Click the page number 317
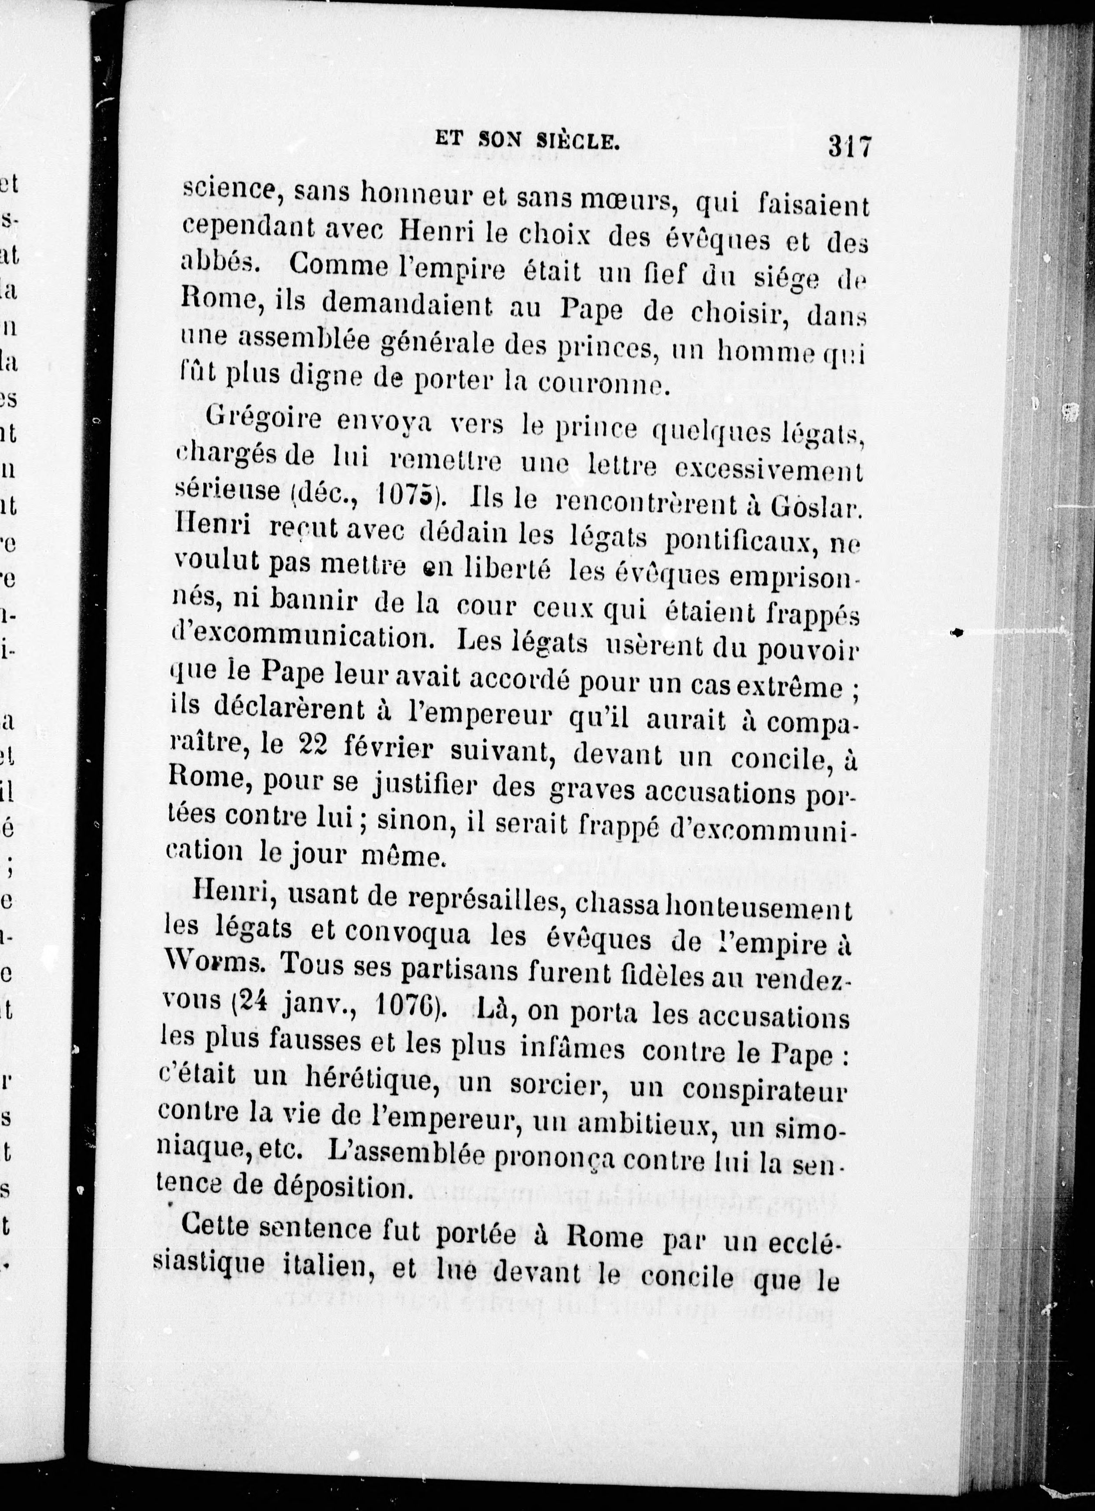[849, 145]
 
